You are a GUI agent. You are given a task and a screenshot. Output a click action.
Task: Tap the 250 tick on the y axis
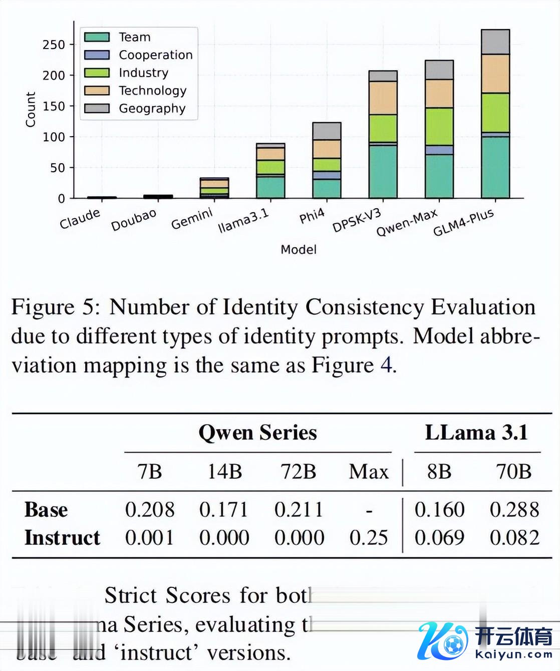[x=54, y=45]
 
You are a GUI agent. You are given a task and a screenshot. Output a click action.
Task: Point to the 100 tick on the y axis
[x=54, y=137]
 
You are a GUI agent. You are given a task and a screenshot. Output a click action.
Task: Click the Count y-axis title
[x=31, y=109]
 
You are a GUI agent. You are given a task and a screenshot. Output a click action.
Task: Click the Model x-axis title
[x=299, y=249]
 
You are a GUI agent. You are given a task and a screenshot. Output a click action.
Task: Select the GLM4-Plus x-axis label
[x=464, y=222]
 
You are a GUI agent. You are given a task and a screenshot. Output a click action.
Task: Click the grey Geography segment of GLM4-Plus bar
[x=495, y=42]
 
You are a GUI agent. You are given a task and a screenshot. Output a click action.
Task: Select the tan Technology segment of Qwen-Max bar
[x=439, y=94]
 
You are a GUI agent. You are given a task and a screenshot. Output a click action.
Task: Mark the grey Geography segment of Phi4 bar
[x=327, y=131]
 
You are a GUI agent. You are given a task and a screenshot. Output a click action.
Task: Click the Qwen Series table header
[x=257, y=432]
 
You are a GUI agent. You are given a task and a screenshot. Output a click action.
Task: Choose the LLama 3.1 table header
[x=476, y=432]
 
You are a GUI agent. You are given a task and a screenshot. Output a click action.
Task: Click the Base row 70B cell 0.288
[x=514, y=510]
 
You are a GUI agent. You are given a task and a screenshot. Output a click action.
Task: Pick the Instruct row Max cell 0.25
[x=369, y=538]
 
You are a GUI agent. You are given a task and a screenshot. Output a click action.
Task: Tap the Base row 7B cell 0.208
[x=149, y=510]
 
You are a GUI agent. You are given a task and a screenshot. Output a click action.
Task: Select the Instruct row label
[x=62, y=538]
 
